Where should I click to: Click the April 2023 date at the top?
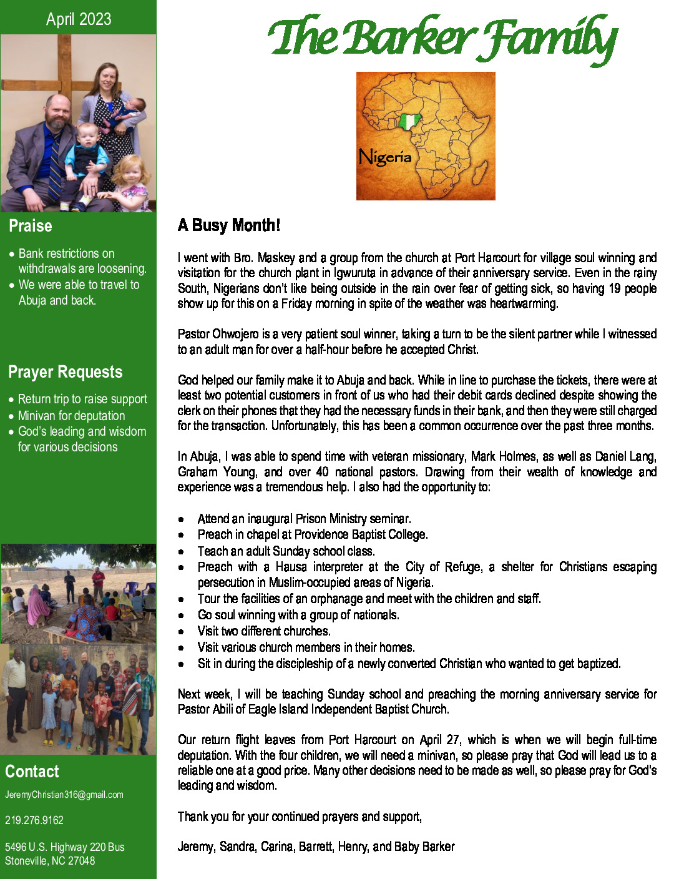tap(79, 19)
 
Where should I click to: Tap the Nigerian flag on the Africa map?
tap(408, 121)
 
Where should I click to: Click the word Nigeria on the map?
tap(385, 156)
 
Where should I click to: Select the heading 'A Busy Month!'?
tap(229, 225)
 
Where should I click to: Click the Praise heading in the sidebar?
tap(31, 226)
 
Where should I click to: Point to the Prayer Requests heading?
tap(66, 372)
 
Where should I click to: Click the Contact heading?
tap(32, 772)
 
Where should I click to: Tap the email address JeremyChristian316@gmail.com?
tap(64, 795)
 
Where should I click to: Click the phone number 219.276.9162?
tap(34, 820)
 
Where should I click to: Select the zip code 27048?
tap(82, 861)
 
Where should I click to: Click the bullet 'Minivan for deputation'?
tap(71, 416)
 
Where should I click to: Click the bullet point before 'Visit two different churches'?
tap(181, 632)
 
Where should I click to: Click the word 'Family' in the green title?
tap(549, 39)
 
